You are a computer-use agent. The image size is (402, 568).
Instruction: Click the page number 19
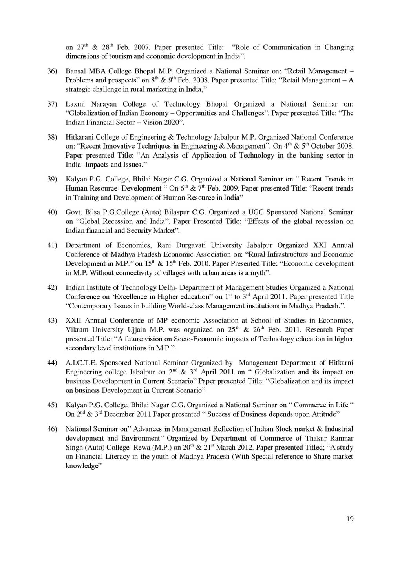pos(350,519)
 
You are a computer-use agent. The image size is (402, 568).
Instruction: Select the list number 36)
pos(52,71)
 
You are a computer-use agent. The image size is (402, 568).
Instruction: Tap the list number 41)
pos(52,245)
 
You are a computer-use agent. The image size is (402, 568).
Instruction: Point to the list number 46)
pos(52,429)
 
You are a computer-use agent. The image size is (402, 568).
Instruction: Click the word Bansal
pos(76,71)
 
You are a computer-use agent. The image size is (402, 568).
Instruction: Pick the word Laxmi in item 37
pos(75,104)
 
